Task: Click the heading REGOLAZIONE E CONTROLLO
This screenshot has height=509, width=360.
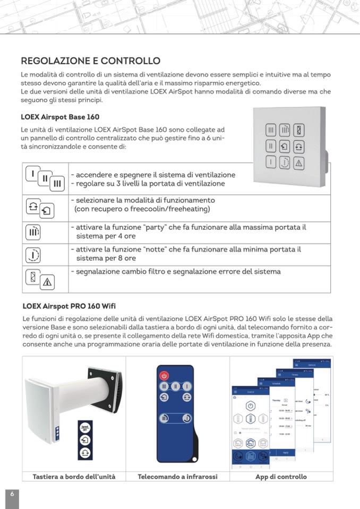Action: coord(90,61)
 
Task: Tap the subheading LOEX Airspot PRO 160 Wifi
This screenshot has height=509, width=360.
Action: coord(69,306)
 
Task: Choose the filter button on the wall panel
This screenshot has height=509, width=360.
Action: coord(299,130)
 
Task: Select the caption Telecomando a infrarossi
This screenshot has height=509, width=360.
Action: coord(177,477)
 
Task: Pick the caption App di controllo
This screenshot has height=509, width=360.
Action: coord(281,477)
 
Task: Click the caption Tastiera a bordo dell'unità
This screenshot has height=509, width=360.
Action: coord(74,477)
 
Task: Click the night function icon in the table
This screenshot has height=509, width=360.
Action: coord(33,255)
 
